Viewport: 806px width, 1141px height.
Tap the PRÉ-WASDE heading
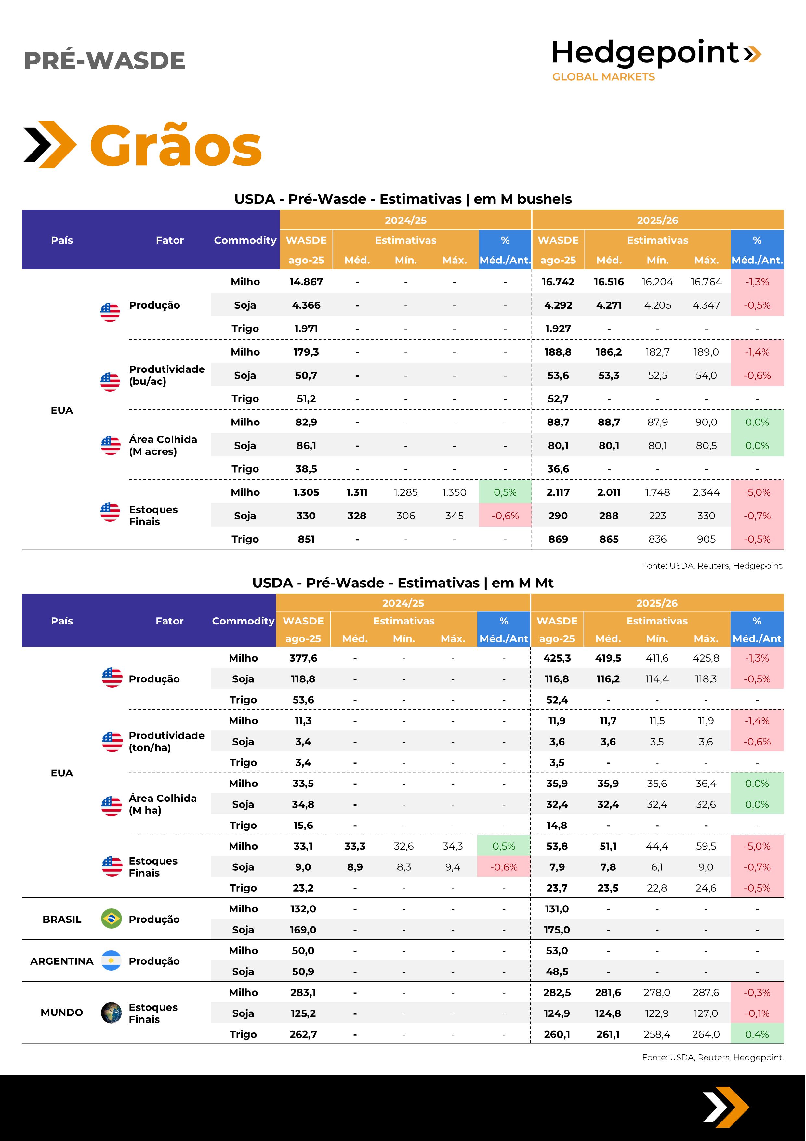(104, 60)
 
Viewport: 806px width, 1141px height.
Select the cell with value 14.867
(306, 282)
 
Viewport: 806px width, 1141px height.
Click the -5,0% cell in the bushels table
(757, 492)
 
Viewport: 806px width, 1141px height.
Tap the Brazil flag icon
(111, 919)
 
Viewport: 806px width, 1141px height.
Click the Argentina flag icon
(111, 960)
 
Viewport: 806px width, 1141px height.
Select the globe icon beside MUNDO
(111, 1013)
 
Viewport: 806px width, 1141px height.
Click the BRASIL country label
(62, 920)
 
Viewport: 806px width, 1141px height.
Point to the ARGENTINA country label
(62, 961)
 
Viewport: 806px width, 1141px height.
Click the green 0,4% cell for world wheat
(757, 1034)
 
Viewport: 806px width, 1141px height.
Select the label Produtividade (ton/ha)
(166, 742)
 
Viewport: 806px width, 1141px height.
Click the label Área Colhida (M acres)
(163, 445)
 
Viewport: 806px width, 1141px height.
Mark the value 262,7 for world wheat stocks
(303, 1034)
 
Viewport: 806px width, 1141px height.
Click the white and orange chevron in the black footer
(726, 1107)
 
